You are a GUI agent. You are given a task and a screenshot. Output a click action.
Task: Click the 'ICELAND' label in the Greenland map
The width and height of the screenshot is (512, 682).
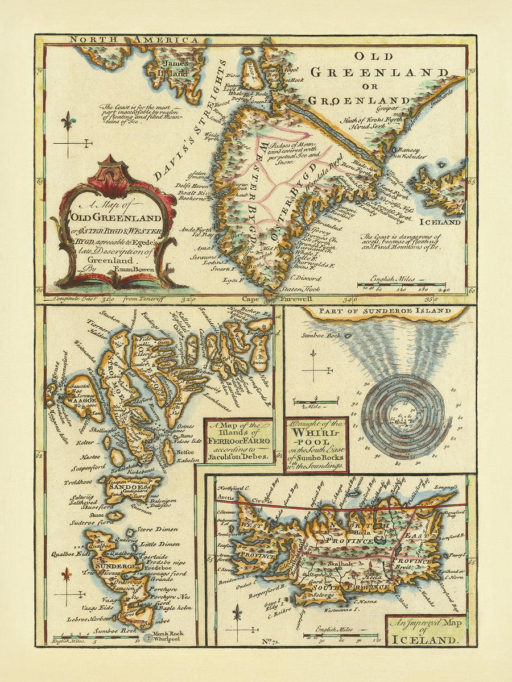coord(443,222)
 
